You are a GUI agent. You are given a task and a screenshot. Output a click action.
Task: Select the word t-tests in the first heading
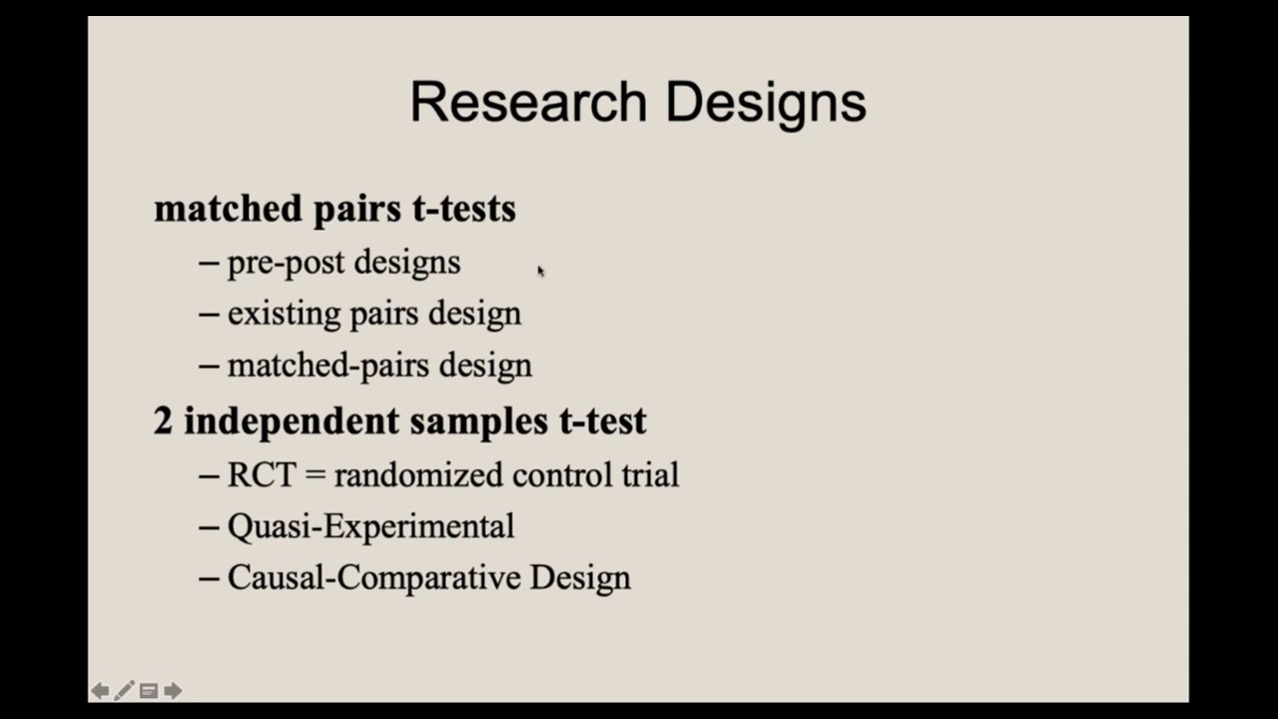pyautogui.click(x=464, y=209)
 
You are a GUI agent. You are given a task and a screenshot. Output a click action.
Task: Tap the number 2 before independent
pyautogui.click(x=163, y=420)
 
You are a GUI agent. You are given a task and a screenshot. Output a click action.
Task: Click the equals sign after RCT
pyautogui.click(x=316, y=475)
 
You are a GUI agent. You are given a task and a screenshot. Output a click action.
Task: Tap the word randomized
pyautogui.click(x=417, y=474)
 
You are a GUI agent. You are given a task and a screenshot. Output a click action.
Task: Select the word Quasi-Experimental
pyautogui.click(x=370, y=526)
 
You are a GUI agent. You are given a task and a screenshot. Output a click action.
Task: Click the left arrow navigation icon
pyautogui.click(x=100, y=690)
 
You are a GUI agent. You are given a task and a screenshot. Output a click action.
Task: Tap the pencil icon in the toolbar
pyautogui.click(x=124, y=690)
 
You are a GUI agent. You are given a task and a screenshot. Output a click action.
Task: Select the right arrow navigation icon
pyautogui.click(x=173, y=690)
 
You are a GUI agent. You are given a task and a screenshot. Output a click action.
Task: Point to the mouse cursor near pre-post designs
pyautogui.click(x=540, y=271)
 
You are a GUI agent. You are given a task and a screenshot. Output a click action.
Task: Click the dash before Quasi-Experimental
pyautogui.click(x=209, y=526)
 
